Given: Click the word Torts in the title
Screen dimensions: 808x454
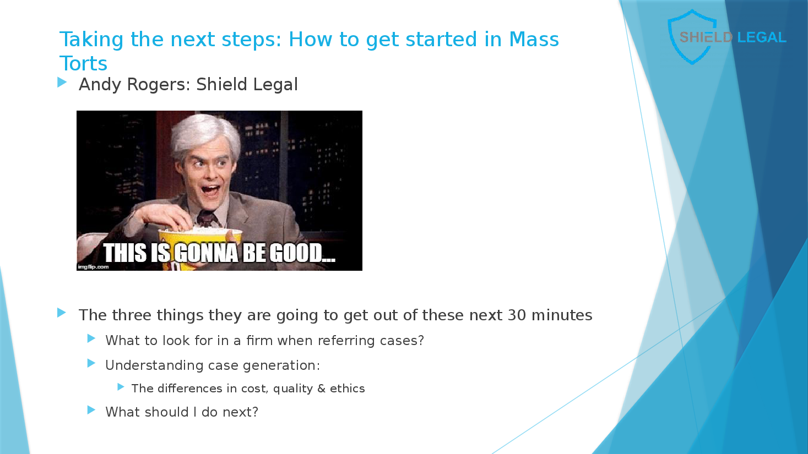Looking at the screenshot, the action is coord(83,63).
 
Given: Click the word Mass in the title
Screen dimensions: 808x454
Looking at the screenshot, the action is coord(534,39).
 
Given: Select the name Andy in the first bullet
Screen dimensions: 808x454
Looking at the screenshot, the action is coord(100,85).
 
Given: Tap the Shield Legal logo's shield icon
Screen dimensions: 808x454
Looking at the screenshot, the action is coord(692,37).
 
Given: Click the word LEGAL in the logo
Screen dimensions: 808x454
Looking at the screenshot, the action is coord(762,37).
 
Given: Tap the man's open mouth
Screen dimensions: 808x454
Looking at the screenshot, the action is coord(210,190).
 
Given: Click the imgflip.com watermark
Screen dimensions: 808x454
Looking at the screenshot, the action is coord(94,267).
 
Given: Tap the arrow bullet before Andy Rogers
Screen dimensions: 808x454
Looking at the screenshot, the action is coord(62,83).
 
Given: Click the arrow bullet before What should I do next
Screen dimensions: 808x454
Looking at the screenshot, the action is coord(91,410).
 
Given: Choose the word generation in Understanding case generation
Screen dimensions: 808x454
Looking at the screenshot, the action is coord(281,366).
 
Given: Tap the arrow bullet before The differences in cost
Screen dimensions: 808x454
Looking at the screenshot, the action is coord(121,387).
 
